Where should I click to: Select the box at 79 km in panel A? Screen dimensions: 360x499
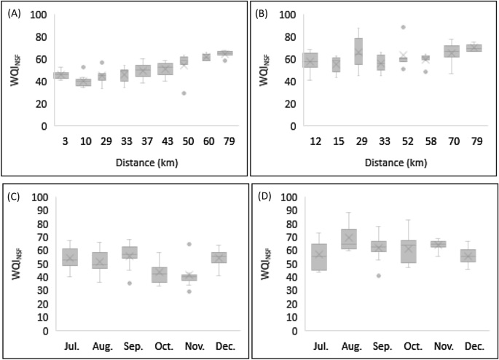pyautogui.click(x=226, y=52)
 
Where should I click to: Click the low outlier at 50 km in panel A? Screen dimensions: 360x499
pyautogui.click(x=184, y=93)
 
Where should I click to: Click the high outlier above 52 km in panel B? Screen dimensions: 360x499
pyautogui.click(x=403, y=27)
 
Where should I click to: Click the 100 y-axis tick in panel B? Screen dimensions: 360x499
pyautogui.click(x=289, y=15)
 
